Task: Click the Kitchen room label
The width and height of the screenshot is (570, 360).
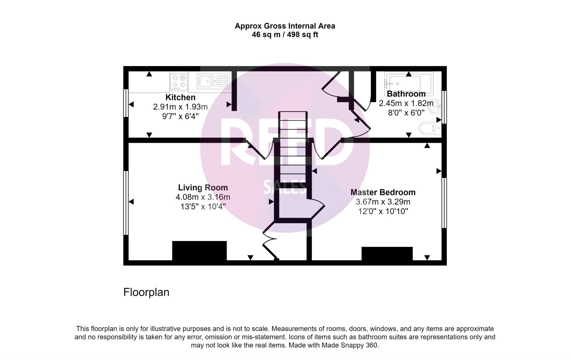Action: pos(180,97)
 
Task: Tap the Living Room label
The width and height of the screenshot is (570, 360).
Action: pos(203,188)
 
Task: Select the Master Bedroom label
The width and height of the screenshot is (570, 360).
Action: pos(383,192)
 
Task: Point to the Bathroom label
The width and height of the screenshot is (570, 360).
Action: pos(406,94)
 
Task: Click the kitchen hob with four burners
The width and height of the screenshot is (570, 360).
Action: pos(179,81)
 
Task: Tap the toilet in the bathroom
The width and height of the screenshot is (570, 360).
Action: pos(429,128)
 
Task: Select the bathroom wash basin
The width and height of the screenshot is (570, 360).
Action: pos(435,106)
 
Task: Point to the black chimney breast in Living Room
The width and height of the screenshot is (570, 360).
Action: pos(199,251)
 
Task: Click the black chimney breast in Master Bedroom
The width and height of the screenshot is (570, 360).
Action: pos(387,253)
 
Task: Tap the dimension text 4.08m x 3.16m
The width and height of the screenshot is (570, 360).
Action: pos(203,197)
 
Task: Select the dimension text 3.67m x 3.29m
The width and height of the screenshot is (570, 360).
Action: pos(383,202)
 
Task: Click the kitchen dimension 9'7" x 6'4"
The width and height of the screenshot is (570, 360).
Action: pos(180,116)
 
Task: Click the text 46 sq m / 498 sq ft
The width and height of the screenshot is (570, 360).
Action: pos(285,35)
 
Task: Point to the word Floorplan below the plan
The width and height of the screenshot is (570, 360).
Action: pos(146,292)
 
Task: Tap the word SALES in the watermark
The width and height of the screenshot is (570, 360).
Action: pos(284,187)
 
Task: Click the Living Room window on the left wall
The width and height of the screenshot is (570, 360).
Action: pos(126,203)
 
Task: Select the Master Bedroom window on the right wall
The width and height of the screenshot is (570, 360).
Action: pos(444,203)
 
